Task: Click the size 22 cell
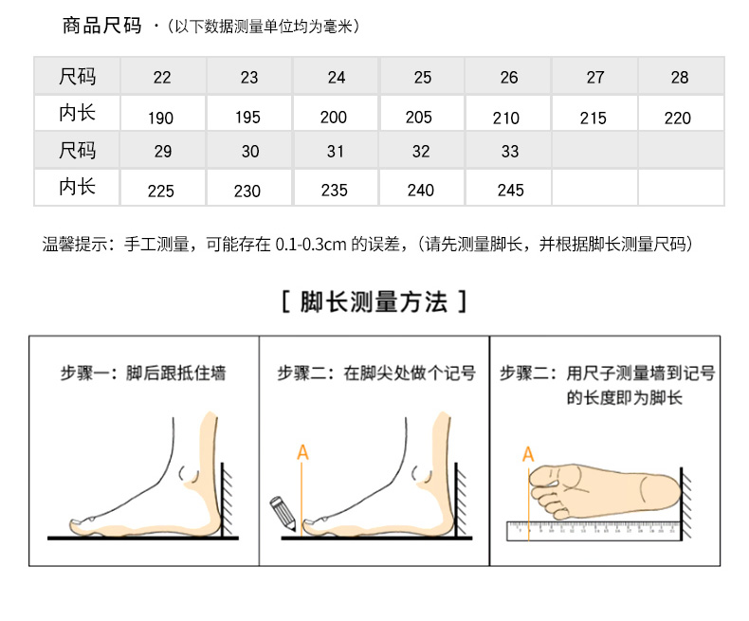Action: coord(162,77)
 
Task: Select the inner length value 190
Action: coord(160,118)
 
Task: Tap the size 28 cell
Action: coord(680,77)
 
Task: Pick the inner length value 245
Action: coord(511,191)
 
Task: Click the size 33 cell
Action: coord(510,152)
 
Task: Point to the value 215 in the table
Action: coord(594,118)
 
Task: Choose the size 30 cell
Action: coord(250,152)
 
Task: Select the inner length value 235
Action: coord(335,191)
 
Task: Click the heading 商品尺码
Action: coord(101,26)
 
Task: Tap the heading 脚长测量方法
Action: coord(374,301)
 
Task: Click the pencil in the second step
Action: coord(283,514)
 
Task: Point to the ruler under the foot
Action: coord(594,531)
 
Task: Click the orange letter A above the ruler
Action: coord(528,454)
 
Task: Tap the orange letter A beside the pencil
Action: coord(302,452)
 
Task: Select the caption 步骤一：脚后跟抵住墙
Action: coord(143,373)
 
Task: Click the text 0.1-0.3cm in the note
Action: coord(311,244)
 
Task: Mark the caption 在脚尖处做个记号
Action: coord(410,373)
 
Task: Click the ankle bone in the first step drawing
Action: coord(189,474)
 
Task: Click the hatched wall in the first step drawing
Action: coord(227,500)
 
